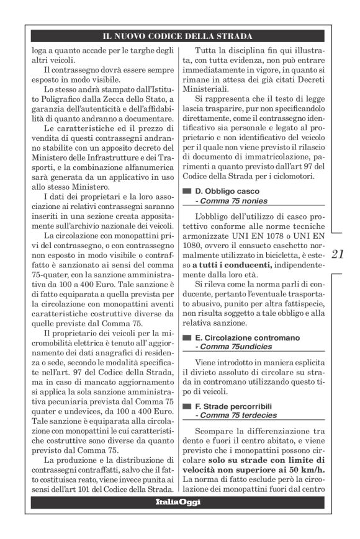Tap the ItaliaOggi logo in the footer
[178, 501]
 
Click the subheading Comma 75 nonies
[232, 201]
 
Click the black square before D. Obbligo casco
[186, 192]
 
